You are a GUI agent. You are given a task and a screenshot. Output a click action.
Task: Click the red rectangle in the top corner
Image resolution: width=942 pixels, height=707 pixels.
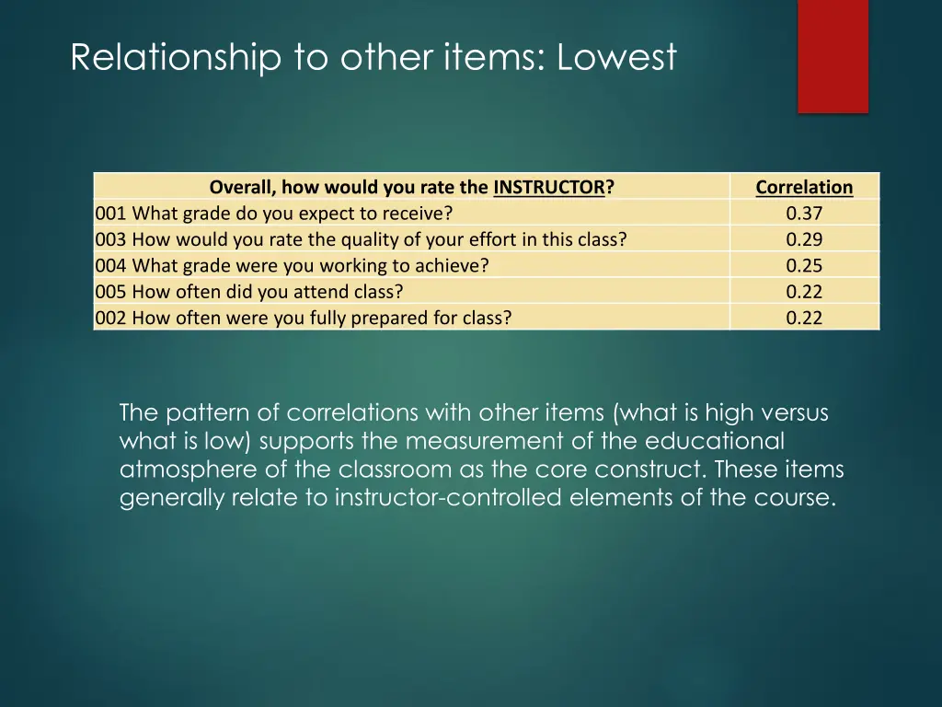pyautogui.click(x=833, y=55)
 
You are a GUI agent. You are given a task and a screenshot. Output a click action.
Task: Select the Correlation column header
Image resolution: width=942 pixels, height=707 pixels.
pyautogui.click(x=804, y=187)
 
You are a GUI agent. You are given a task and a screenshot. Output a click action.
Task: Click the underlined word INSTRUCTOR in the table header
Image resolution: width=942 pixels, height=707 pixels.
pyautogui.click(x=549, y=187)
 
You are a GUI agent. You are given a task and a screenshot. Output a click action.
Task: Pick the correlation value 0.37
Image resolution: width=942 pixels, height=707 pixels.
pyautogui.click(x=804, y=214)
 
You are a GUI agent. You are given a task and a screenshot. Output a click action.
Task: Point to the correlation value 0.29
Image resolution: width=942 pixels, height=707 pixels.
pyautogui.click(x=804, y=239)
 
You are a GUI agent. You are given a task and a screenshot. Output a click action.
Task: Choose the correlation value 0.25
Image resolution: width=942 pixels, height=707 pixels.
pyautogui.click(x=804, y=266)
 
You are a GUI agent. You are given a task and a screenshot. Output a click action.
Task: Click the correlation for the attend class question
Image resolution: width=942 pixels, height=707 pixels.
pyautogui.click(x=804, y=292)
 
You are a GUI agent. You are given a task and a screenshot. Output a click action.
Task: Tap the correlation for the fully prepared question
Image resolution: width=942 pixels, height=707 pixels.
pyautogui.click(x=804, y=318)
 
